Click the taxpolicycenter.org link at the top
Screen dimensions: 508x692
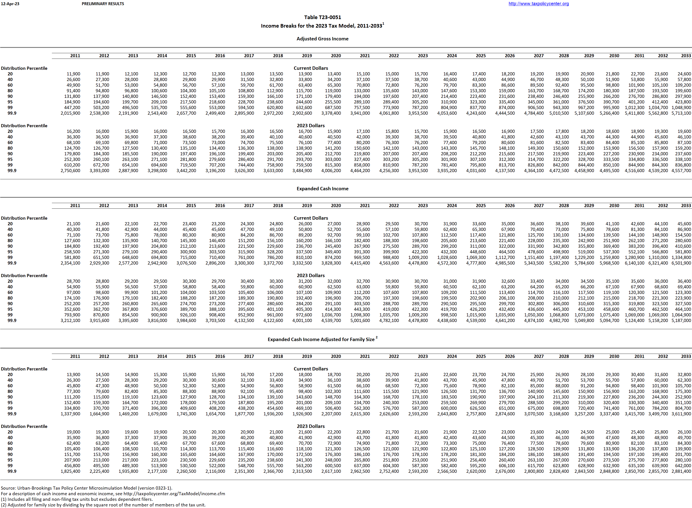[538, 4]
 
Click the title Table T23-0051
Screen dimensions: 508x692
[322, 17]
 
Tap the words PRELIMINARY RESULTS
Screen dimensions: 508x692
[103, 4]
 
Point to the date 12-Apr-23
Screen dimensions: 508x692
[10, 4]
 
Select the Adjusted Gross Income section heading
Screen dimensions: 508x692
[322, 39]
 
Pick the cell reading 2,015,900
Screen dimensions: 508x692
[71, 113]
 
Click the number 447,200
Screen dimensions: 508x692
[72, 108]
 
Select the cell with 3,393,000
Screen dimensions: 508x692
[99, 171]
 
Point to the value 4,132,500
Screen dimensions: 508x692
[244, 320]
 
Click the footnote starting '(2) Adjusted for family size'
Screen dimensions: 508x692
[103, 505]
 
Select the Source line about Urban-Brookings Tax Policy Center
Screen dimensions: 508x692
[86, 488]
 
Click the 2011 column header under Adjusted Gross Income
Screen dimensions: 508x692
[75, 56]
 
